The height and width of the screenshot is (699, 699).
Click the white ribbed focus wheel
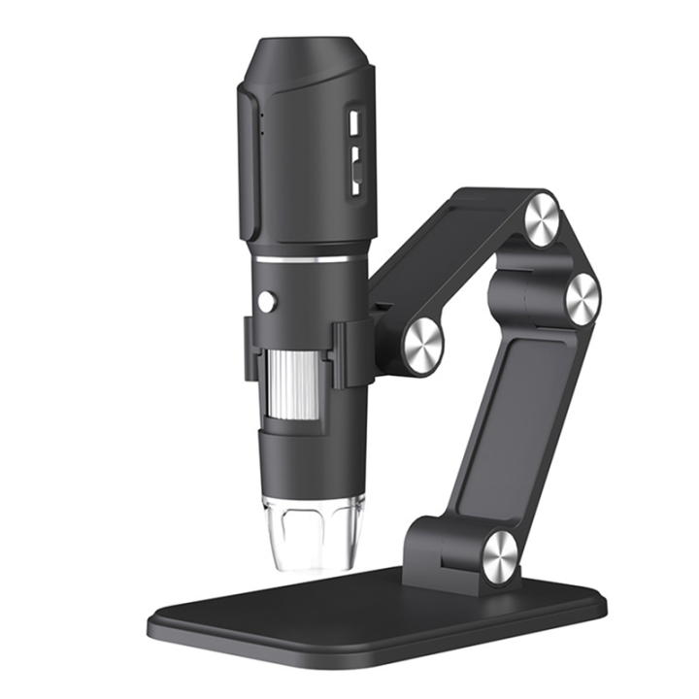pos(293,381)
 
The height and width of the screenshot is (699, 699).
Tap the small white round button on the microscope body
pos(266,302)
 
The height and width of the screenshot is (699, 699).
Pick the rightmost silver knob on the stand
pos(582,297)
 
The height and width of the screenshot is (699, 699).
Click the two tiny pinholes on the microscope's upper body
pos(260,121)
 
